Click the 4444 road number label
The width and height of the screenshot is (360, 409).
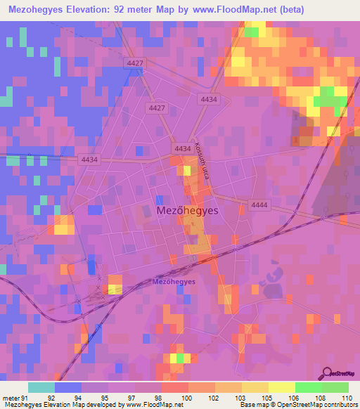(x=259, y=204)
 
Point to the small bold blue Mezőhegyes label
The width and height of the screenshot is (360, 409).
(x=174, y=282)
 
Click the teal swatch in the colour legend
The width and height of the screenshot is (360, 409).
(x=41, y=387)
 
